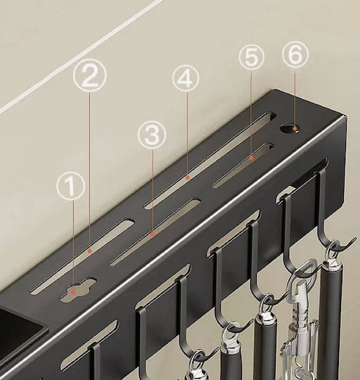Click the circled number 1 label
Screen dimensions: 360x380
pos(71,186)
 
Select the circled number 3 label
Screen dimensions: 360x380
pos(152,134)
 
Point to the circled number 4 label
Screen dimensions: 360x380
pos(186,78)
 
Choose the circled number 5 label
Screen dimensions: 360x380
pos(252,57)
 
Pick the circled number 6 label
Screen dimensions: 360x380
pos(295,53)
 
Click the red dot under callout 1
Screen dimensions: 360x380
pos(74,292)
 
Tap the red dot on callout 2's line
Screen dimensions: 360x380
pos(90,251)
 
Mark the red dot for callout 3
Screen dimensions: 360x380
pos(153,234)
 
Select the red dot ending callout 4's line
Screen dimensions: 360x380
pos(188,177)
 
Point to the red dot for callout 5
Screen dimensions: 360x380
pos(252,158)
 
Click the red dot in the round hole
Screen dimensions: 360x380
pos(295,129)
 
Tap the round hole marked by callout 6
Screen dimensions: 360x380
pos(290,129)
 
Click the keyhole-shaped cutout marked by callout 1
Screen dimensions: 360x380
pos(79,290)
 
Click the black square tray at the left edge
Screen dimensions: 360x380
pos(20,327)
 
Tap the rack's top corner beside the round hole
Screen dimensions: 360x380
pos(276,91)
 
